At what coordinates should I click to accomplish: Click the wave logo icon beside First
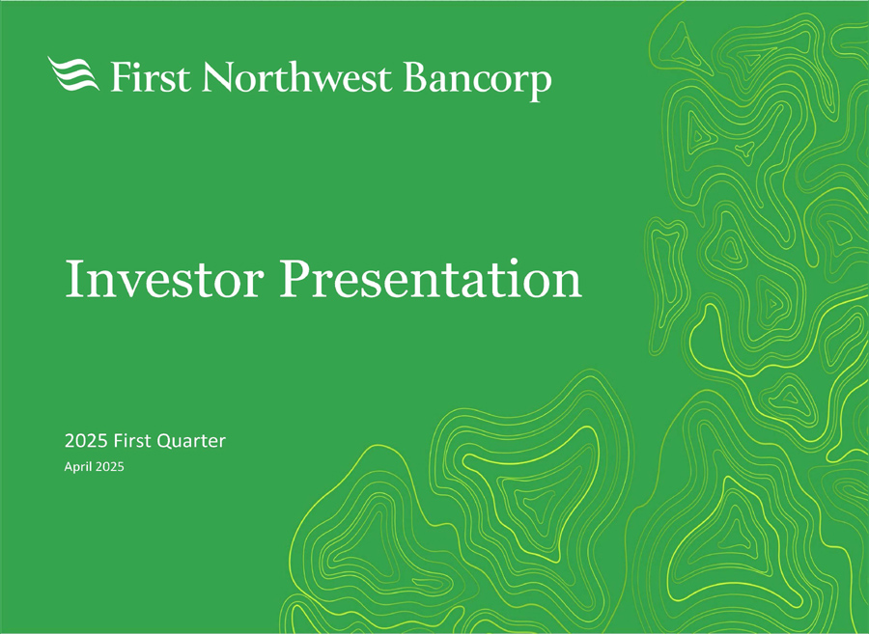(x=73, y=73)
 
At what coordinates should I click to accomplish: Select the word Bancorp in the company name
(x=477, y=80)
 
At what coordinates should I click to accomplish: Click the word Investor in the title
(x=164, y=279)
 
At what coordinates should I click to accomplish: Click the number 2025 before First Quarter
(x=86, y=441)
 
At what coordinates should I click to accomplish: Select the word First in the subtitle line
(x=132, y=441)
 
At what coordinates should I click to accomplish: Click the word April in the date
(x=78, y=467)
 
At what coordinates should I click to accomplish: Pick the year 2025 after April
(x=110, y=467)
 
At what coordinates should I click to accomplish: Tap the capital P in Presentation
(x=294, y=279)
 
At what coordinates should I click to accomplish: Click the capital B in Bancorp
(x=416, y=76)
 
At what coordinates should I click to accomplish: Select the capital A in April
(x=70, y=467)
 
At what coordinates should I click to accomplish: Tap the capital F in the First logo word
(x=122, y=76)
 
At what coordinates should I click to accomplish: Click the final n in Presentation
(x=568, y=285)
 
